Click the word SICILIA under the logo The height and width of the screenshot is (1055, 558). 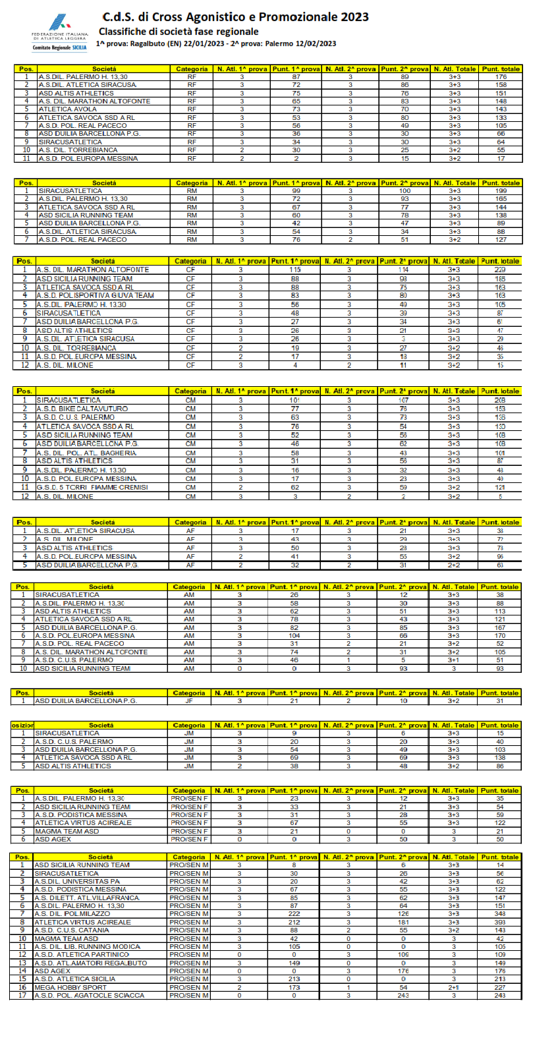coord(79,47)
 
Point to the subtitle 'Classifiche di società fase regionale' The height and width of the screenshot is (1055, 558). coord(179,32)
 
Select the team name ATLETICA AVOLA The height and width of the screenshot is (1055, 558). coord(67,109)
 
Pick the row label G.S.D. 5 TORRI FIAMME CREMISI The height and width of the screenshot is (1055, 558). coord(92,488)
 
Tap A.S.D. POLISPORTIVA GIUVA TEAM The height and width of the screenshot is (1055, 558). coord(95,296)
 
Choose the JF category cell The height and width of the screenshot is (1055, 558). coord(189,701)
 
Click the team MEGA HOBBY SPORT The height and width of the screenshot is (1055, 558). coord(70,987)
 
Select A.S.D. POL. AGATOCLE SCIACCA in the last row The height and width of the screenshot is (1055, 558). coord(89,995)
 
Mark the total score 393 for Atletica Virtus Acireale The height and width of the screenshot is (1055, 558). coord(500,922)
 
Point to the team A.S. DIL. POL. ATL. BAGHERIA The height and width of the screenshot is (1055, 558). coord(86,453)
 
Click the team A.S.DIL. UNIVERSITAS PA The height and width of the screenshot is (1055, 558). coord(77,881)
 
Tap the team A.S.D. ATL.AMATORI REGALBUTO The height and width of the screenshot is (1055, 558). coord(90,963)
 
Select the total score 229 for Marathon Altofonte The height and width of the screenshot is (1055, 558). coord(500,270)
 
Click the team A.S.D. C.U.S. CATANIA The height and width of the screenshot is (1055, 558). coord(72,930)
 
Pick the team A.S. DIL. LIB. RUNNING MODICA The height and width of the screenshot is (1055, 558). coord(87,946)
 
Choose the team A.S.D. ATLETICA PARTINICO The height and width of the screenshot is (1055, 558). coord(82,954)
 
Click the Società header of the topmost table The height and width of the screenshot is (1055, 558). coord(104,69)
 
